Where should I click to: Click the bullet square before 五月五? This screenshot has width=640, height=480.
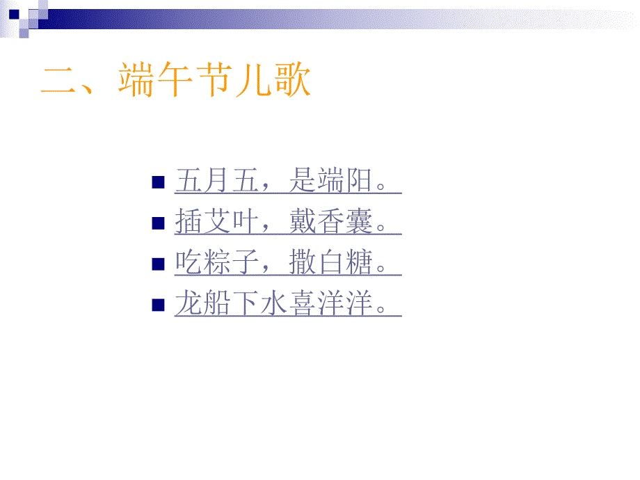coord(158,183)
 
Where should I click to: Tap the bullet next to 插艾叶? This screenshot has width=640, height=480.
coord(158,223)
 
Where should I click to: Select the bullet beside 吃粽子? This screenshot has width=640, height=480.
coord(158,264)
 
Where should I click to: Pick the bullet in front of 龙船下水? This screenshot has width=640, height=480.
coord(158,304)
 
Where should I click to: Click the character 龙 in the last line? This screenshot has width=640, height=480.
coord(188,304)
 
